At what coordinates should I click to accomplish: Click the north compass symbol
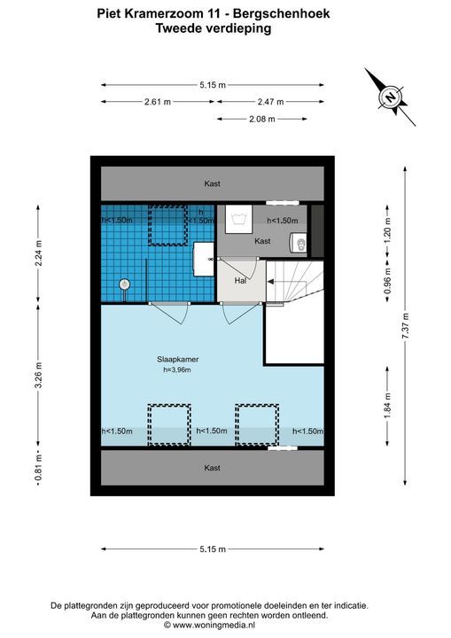[x=391, y=97]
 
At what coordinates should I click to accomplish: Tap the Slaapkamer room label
[x=178, y=359]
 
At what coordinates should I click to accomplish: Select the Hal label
[x=240, y=280]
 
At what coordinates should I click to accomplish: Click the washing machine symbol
[x=239, y=219]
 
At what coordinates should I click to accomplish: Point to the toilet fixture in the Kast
[x=299, y=243]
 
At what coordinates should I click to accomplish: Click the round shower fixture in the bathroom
[x=125, y=284]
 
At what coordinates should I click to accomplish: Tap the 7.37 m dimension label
[x=405, y=326]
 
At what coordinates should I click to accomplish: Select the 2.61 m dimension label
[x=158, y=102]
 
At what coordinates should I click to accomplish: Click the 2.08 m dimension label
[x=262, y=119]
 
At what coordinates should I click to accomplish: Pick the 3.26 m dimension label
[x=38, y=374]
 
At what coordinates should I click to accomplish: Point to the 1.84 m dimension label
[x=387, y=405]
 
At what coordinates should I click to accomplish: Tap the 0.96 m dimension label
[x=387, y=280]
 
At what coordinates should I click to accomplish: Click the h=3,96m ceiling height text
[x=177, y=370]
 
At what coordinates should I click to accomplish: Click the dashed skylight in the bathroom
[x=167, y=225]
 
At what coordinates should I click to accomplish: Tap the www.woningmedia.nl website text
[x=214, y=625]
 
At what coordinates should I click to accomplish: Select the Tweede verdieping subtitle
[x=213, y=28]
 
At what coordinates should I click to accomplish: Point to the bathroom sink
[x=204, y=259]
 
